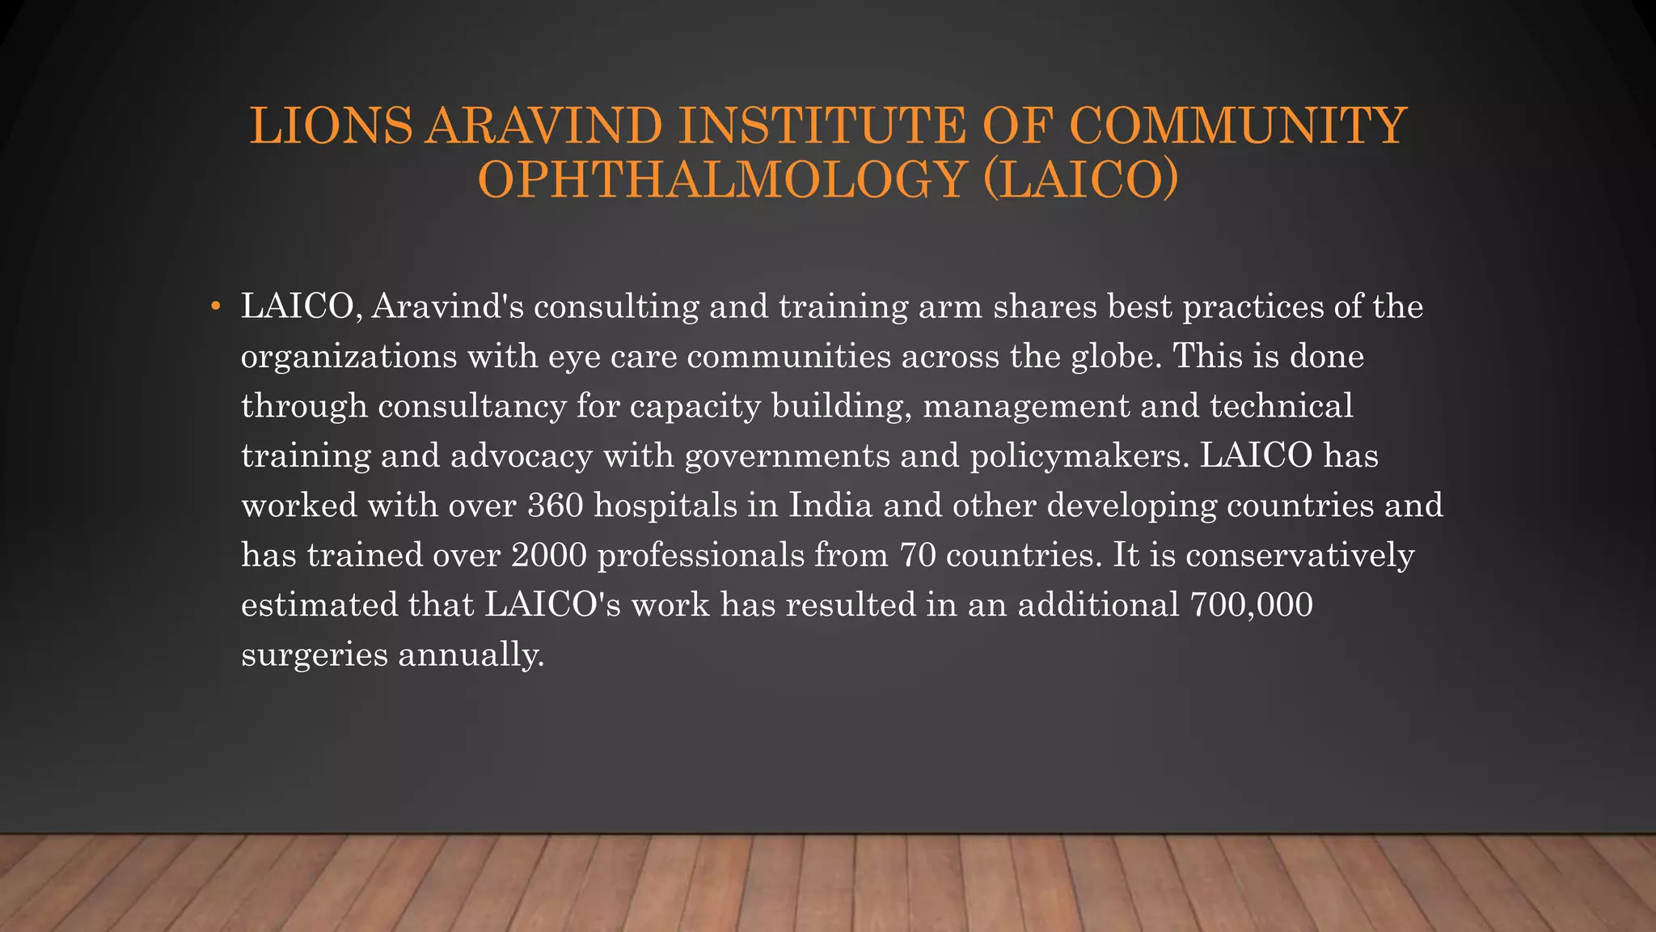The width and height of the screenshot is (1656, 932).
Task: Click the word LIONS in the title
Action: coord(331,126)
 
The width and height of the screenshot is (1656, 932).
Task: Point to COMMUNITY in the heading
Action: coord(1237,126)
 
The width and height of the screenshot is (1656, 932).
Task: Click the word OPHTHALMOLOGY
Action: coord(723,179)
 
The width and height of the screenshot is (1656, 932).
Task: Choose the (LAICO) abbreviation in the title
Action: coord(1080,179)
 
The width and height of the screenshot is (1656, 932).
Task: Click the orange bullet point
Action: coord(215,307)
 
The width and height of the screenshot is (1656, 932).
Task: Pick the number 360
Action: coord(556,506)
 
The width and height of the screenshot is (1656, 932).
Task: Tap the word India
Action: coord(830,506)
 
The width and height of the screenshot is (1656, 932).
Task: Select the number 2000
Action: coord(549,555)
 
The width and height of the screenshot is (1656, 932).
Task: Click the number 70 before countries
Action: coord(917,555)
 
